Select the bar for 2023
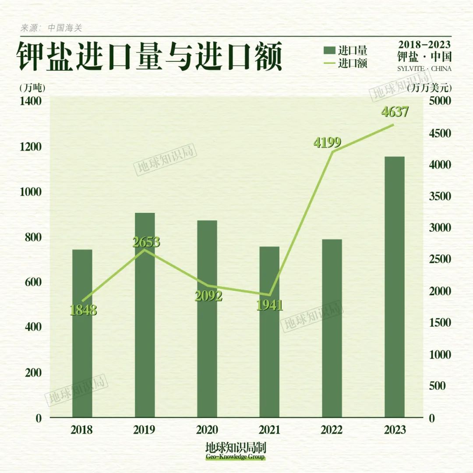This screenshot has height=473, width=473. (394, 287)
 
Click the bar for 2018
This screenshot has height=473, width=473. (82, 333)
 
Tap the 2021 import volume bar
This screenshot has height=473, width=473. (269, 332)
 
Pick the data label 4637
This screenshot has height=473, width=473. (395, 112)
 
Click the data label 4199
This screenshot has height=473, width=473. (327, 142)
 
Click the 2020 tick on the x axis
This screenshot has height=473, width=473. (207, 430)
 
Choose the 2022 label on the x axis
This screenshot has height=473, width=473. (332, 430)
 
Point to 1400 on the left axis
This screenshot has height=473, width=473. (31, 102)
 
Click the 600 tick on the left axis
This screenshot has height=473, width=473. (31, 282)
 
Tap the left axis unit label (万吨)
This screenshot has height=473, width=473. (32, 88)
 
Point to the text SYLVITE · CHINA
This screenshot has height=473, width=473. (424, 69)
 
